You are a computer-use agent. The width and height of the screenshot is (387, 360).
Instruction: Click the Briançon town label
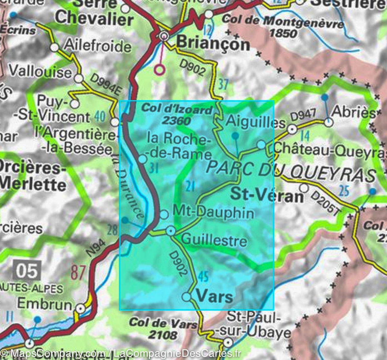pos(213,44)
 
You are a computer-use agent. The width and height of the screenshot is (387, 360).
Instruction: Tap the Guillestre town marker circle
pos(171,231)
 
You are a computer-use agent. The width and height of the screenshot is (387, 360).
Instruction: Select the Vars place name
pos(214,296)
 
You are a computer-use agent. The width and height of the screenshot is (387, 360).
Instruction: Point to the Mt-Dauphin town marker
pos(164,214)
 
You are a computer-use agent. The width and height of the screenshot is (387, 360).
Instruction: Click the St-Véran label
pos(267,195)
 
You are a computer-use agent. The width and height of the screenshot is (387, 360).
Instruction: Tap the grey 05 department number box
pos(27,271)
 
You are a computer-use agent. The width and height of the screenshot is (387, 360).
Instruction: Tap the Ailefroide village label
pos(97,46)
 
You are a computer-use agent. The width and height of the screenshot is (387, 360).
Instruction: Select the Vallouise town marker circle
pos(78,78)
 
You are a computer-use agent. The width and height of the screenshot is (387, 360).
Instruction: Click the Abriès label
pos(354,112)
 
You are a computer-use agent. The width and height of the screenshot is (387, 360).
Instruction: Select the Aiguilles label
pos(256,122)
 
